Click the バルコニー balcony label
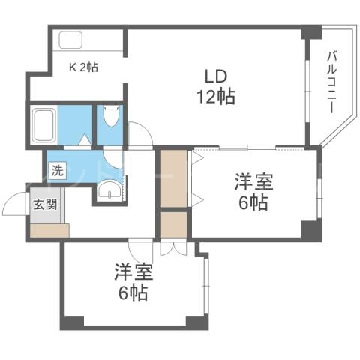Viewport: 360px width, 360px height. pos(330,82)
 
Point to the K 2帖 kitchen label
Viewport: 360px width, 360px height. pos(84,67)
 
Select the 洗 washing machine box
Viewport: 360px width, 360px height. pos(56,170)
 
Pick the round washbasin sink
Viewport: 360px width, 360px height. pos(111,191)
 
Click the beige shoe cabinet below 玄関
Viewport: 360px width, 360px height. pos(49,229)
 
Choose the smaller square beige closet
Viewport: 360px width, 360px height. pos(173,225)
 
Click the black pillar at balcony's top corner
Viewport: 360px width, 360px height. pos(310,33)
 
